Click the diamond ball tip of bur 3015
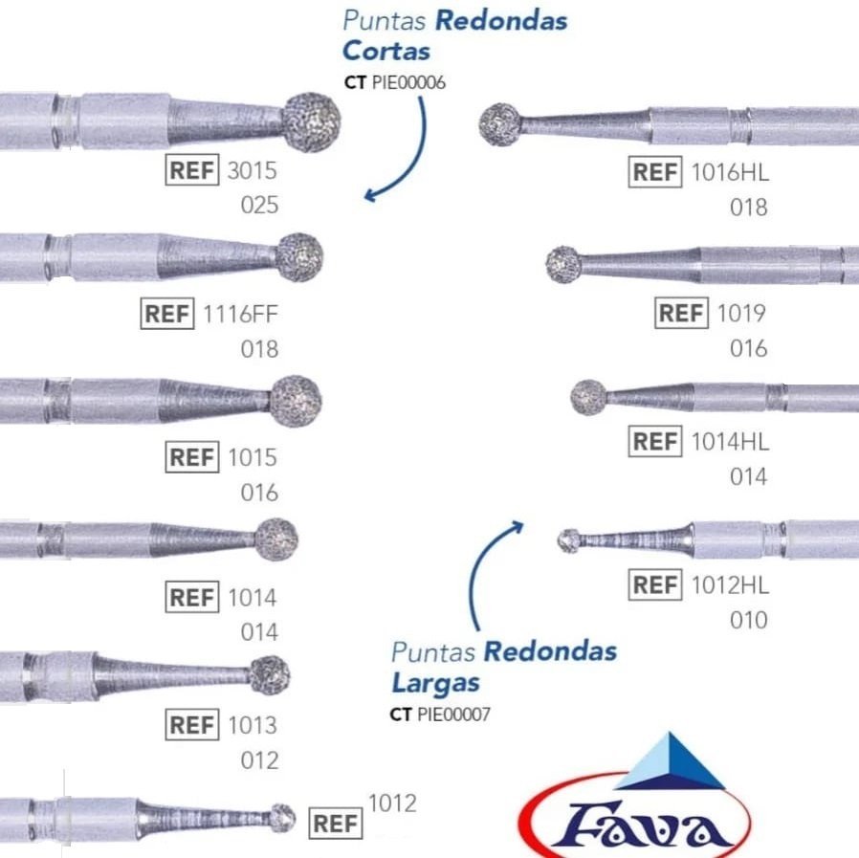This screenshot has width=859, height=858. coord(312,121)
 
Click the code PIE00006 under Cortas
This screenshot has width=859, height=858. coord(407,82)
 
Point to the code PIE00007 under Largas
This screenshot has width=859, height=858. coord(453,714)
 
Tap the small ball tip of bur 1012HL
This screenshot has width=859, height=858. coord(568,540)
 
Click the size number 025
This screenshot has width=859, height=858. coord(259,206)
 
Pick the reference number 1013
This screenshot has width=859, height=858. coord(252,725)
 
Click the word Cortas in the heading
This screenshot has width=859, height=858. coord(386,50)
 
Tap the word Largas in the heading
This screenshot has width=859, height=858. coord(435,683)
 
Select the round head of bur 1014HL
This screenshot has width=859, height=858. coord(588,397)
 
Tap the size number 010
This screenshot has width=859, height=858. coord(748,621)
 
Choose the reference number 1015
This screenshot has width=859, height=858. coord(252,457)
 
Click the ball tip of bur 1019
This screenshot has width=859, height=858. coord(564,264)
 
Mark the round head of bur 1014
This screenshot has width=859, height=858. coord(277,539)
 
